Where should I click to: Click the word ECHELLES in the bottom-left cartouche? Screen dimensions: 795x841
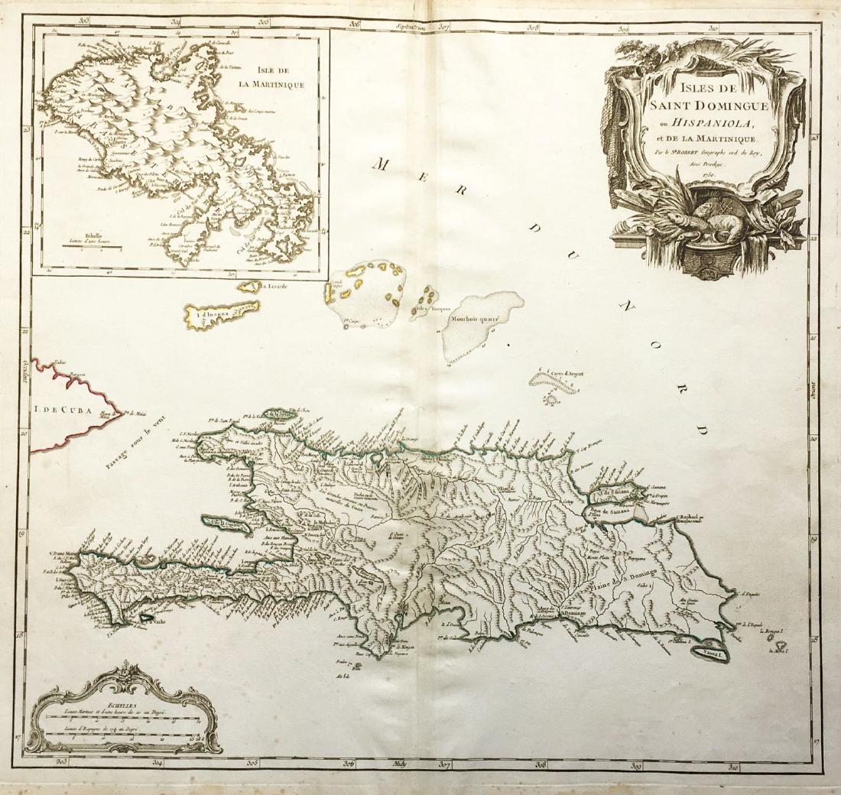tap(122, 707)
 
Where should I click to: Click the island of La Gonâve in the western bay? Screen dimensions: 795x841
tap(226, 525)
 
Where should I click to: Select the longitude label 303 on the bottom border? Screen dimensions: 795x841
tap(61, 763)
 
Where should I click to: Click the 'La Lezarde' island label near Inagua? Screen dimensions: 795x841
tap(273, 287)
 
